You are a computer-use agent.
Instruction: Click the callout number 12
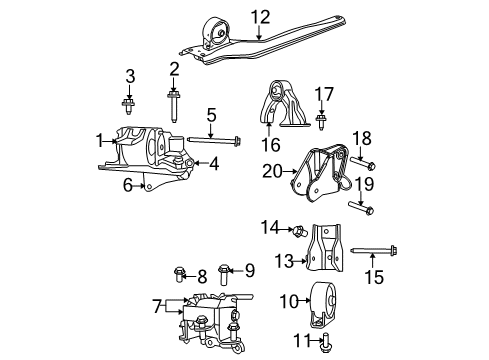(261, 16)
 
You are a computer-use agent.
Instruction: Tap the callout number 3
(129, 76)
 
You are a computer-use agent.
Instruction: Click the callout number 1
(100, 141)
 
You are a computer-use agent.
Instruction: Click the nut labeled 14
(297, 231)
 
